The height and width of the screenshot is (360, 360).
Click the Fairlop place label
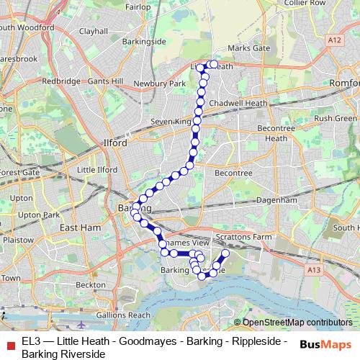pos(138,6)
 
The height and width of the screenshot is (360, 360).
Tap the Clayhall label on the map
pos(94,32)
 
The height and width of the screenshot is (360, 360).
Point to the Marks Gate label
pos(248,48)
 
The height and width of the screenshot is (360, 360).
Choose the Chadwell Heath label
pos(238,104)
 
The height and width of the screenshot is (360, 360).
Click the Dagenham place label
pos(277,199)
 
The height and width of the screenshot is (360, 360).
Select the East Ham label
pos(78,228)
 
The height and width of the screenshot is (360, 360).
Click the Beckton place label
pos(91,285)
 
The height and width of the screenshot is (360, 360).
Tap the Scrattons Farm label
pos(242,237)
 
